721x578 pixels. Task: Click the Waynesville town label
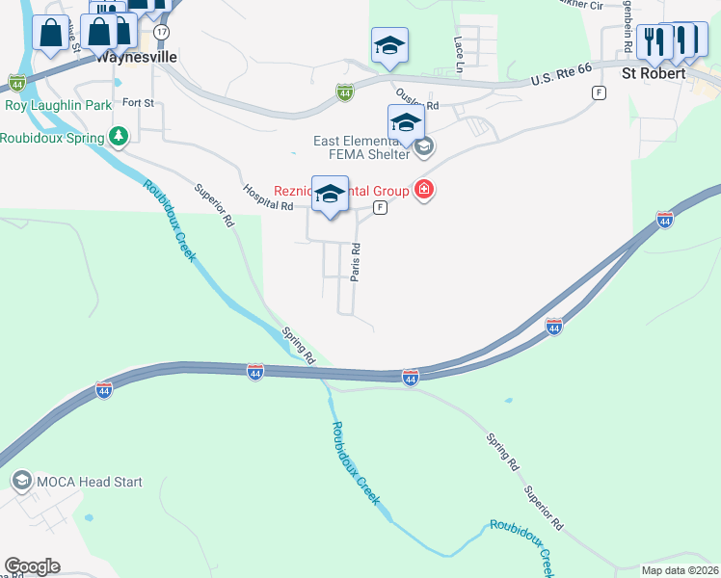137,57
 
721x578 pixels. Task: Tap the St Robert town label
654,73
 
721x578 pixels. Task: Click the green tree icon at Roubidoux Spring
119,136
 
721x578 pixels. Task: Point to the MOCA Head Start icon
21,481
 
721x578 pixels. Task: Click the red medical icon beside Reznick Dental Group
423,190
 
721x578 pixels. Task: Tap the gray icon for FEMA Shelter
424,146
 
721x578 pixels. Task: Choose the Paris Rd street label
356,261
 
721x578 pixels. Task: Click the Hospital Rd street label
268,198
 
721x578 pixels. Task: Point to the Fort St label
138,102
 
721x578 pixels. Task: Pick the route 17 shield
161,32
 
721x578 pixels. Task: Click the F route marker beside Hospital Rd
381,207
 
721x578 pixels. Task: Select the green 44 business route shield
344,92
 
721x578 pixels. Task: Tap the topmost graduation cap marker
389,45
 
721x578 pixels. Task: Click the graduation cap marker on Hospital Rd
330,194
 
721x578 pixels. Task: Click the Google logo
32,566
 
